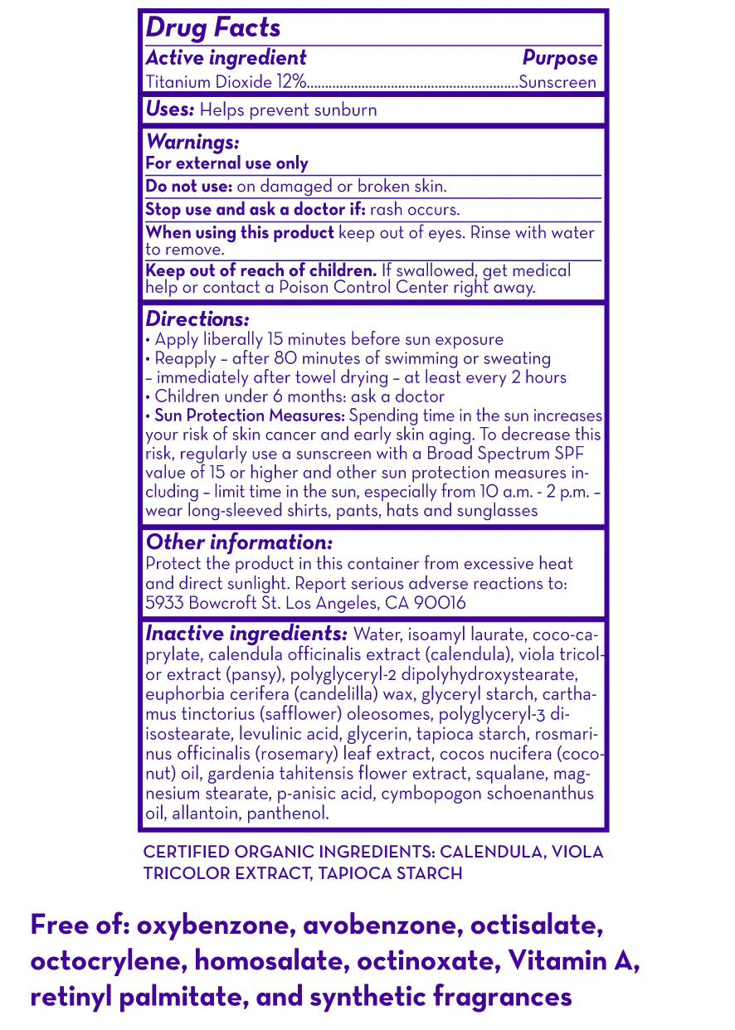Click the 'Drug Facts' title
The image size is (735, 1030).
pyautogui.click(x=213, y=28)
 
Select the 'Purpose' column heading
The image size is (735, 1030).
pyautogui.click(x=559, y=58)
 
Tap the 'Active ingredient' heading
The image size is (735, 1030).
pyautogui.click(x=226, y=58)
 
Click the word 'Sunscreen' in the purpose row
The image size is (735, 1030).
pyautogui.click(x=557, y=82)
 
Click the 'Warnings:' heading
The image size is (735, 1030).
pyautogui.click(x=192, y=143)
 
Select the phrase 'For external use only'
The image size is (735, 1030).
pyautogui.click(x=226, y=163)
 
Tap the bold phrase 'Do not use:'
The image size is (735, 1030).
pyautogui.click(x=188, y=187)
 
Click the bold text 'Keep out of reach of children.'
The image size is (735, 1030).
pyautogui.click(x=261, y=270)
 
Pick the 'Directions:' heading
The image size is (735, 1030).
pyautogui.click(x=197, y=319)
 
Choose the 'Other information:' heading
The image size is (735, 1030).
pyautogui.click(x=239, y=542)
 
